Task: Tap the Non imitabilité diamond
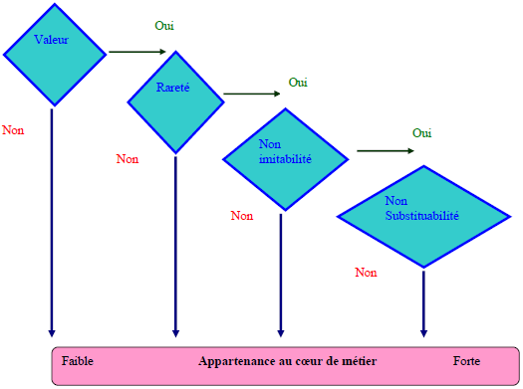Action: (x=284, y=155)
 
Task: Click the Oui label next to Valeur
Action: (x=166, y=25)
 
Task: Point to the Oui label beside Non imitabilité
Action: (x=422, y=133)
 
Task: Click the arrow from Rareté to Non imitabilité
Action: (x=251, y=95)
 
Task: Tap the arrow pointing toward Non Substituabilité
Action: (x=385, y=150)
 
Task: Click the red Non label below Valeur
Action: (x=13, y=130)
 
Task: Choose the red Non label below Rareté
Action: (x=127, y=158)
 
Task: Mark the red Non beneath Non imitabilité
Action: (x=241, y=215)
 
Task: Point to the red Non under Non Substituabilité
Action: (x=366, y=272)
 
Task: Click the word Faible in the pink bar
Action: (x=78, y=360)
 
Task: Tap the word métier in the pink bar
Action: (x=342, y=360)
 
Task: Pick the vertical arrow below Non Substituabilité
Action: (x=423, y=303)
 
